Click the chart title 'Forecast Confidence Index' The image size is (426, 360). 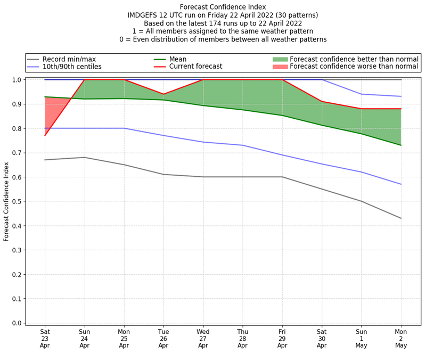[x=223, y=7]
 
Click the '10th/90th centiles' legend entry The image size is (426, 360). [x=72, y=67]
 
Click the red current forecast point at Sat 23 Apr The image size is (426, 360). [x=45, y=135]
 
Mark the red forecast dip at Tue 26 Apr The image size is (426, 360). [x=163, y=94]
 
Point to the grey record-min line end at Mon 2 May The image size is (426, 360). [x=400, y=218]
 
